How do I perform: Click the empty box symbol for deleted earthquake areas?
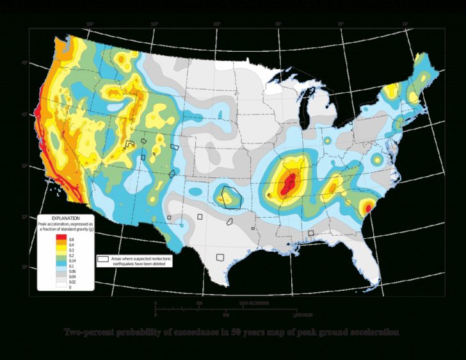coord(102,259)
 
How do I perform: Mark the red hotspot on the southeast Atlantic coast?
coord(369,207)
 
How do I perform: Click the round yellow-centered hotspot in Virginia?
coord(377,158)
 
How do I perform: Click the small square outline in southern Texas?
coord(220,258)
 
